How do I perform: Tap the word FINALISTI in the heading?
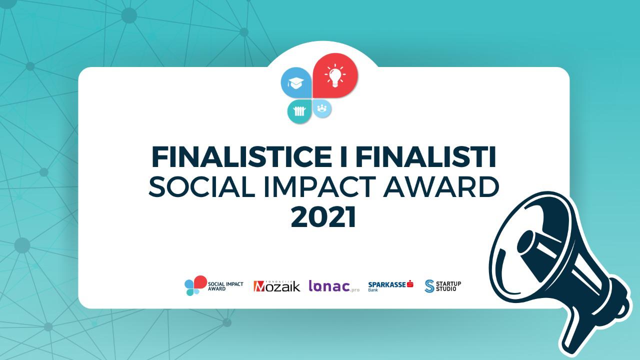tap(425, 157)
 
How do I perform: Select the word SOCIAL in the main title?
tap(201, 186)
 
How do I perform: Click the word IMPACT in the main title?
tap(320, 186)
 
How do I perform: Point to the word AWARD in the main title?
tap(441, 186)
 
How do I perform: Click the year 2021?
tap(323, 216)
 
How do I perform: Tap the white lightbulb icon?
tap(335, 75)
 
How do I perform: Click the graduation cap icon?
tap(295, 83)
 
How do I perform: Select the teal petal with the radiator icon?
tap(299, 111)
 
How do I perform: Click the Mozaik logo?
tap(276, 285)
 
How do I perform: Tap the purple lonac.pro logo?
tap(334, 286)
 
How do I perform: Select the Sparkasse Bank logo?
tap(390, 285)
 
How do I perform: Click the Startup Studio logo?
tap(443, 286)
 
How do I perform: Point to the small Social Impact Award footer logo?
tap(213, 285)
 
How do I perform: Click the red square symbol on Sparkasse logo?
tap(410, 283)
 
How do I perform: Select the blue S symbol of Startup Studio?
tap(429, 286)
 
